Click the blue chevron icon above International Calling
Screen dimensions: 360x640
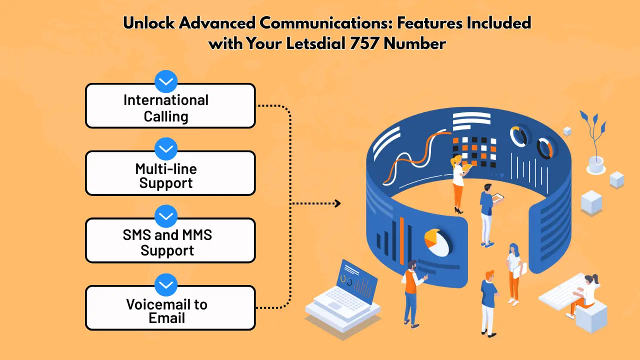point(166,81)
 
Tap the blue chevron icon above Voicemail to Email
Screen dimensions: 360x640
point(166,284)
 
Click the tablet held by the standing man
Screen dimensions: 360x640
point(497,198)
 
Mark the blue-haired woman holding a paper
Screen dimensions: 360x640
point(513,272)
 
